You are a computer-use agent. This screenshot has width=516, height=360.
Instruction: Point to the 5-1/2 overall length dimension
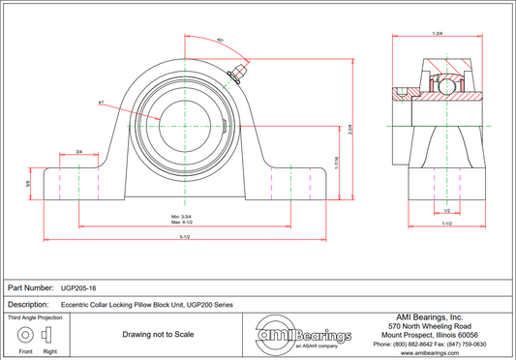pos(185,238)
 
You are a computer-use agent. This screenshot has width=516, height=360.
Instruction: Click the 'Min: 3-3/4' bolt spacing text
pos(183,215)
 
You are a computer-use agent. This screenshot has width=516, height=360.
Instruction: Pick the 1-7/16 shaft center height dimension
pos(336,163)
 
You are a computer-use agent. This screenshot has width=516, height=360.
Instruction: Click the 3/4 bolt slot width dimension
pos(78,152)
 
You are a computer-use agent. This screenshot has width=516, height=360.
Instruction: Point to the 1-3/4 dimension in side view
pos(438,36)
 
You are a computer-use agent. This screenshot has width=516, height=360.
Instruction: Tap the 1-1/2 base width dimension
pos(446,224)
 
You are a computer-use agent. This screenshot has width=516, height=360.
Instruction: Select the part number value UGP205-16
pos(78,287)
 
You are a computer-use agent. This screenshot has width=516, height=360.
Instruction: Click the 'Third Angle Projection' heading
pos(36,317)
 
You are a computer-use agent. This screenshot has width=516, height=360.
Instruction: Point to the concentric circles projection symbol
pos(23,335)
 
